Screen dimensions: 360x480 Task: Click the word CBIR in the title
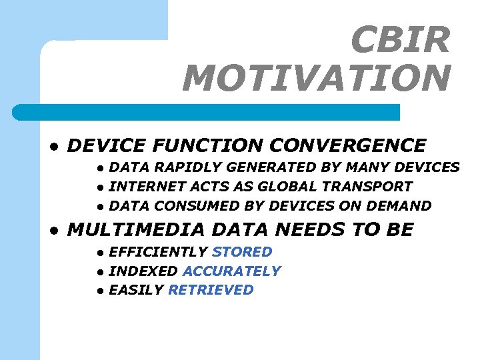(400, 40)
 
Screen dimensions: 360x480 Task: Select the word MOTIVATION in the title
(317, 78)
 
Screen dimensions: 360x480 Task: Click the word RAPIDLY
(183, 167)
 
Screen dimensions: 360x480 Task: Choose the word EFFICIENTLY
(158, 252)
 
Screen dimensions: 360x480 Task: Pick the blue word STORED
(242, 252)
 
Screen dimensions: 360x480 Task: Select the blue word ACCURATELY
(231, 271)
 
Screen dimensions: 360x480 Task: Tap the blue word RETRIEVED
(211, 290)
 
